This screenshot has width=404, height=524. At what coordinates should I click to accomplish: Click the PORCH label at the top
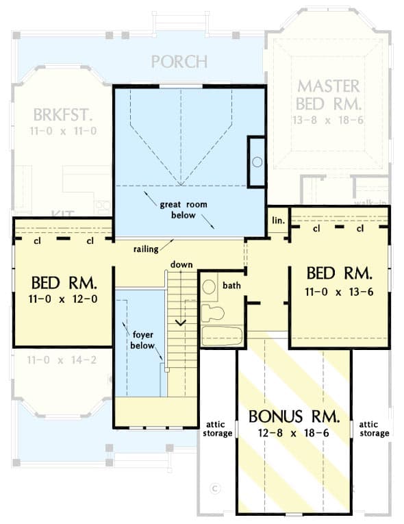pyautogui.click(x=179, y=61)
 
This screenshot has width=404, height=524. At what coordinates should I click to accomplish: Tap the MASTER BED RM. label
pyautogui.click(x=328, y=95)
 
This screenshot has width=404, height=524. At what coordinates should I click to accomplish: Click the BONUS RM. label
pyautogui.click(x=294, y=416)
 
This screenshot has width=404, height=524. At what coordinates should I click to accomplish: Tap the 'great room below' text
pyautogui.click(x=183, y=210)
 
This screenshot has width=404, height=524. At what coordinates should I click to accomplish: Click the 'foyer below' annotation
pyautogui.click(x=142, y=340)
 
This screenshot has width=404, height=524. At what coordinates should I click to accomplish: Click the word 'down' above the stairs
pyautogui.click(x=181, y=264)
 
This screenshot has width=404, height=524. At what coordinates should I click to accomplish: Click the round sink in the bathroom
pyautogui.click(x=210, y=286)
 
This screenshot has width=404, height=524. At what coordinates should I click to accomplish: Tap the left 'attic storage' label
pyautogui.click(x=217, y=428)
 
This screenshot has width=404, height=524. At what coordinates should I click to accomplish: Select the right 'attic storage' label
pyautogui.click(x=374, y=428)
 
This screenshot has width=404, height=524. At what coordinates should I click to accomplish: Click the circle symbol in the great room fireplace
pyautogui.click(x=257, y=162)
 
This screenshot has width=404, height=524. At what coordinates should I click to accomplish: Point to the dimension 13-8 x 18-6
pyautogui.click(x=328, y=118)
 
